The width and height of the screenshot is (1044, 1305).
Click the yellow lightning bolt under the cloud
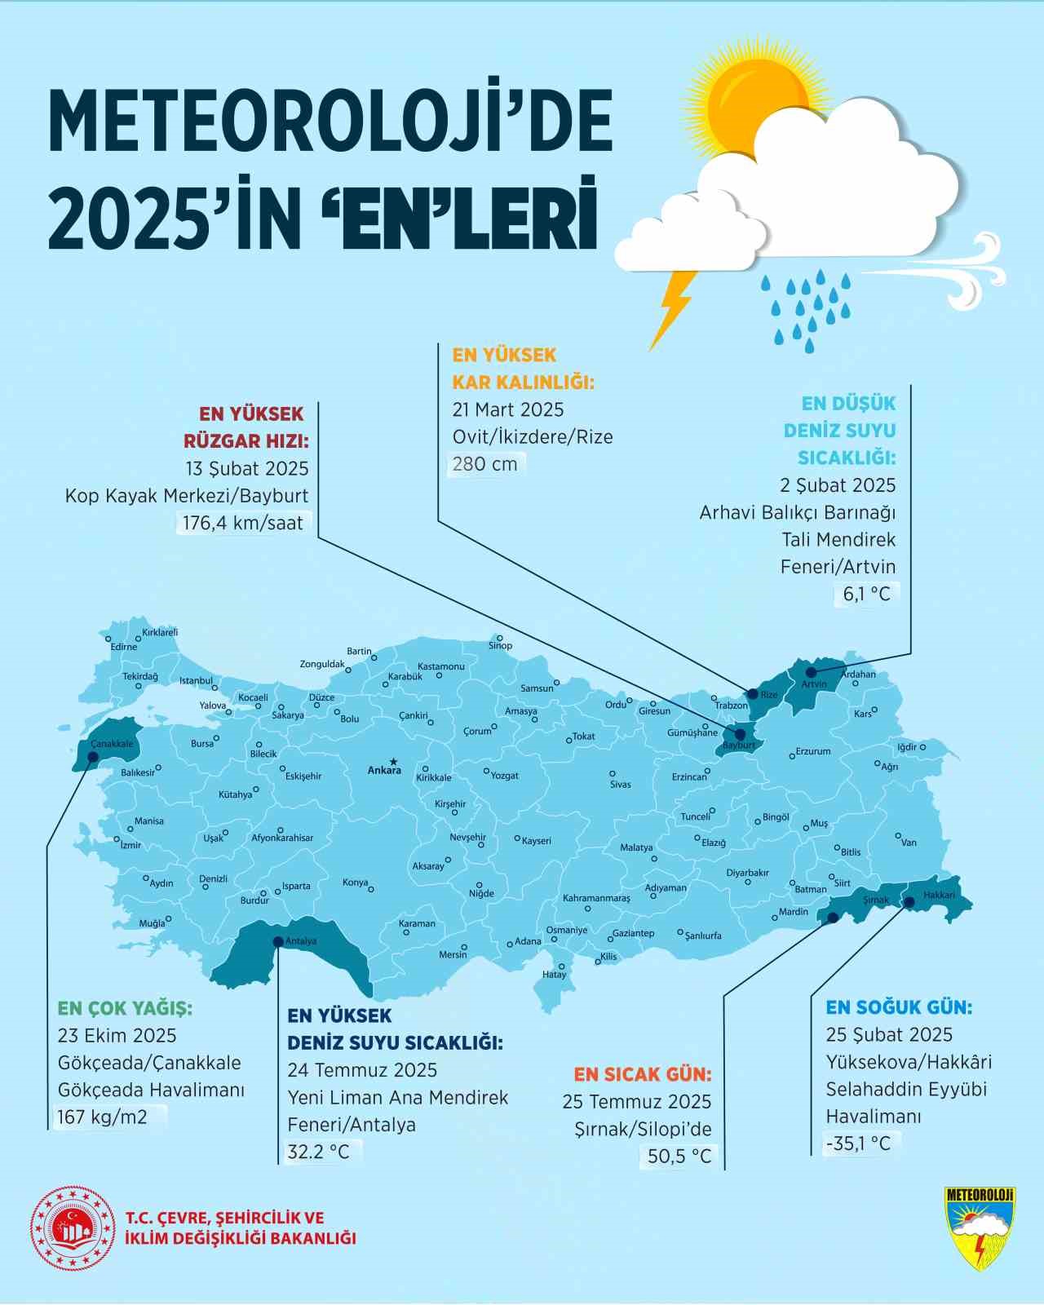click(674, 310)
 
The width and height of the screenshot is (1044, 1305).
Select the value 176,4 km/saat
click(242, 523)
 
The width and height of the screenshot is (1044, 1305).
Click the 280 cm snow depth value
click(485, 464)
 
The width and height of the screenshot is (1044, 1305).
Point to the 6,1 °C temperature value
click(866, 594)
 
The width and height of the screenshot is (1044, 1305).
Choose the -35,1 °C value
click(858, 1144)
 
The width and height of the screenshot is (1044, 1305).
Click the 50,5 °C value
click(679, 1156)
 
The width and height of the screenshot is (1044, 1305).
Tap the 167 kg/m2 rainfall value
click(103, 1117)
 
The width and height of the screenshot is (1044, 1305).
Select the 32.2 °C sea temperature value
click(318, 1152)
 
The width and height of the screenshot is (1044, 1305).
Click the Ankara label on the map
click(384, 770)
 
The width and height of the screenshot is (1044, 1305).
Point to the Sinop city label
click(500, 646)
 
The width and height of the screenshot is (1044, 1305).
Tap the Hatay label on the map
click(554, 975)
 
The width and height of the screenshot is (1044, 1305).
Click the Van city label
click(909, 843)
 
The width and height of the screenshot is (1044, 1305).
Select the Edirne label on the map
click(124, 647)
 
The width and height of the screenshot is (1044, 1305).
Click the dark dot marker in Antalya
click(278, 941)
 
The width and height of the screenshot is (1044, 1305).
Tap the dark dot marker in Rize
click(753, 694)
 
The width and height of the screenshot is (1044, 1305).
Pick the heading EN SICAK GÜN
click(642, 1074)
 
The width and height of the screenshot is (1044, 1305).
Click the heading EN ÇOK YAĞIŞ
click(125, 1008)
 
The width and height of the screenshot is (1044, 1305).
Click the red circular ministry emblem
click(73, 1228)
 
